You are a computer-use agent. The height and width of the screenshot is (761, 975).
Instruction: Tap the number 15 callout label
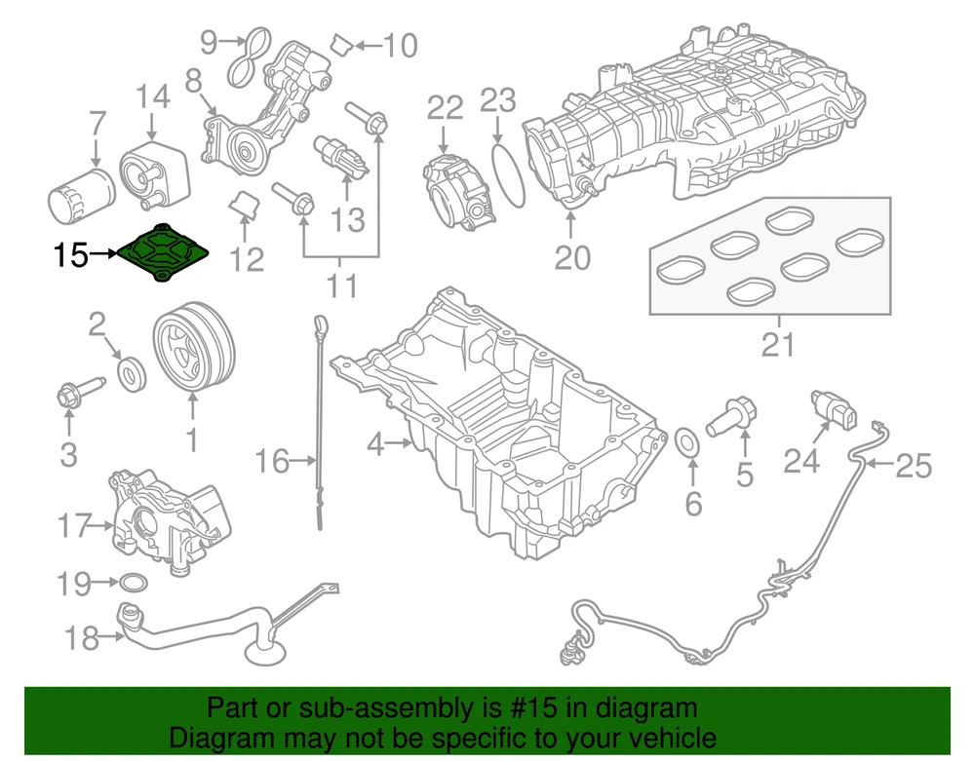(x=71, y=256)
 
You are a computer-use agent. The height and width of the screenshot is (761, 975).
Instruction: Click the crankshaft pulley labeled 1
(x=192, y=348)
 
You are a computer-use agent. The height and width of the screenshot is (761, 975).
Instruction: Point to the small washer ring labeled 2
(x=130, y=372)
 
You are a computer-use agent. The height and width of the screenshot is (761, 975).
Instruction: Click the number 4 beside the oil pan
(x=376, y=446)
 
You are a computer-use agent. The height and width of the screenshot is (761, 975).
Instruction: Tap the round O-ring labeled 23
(x=504, y=175)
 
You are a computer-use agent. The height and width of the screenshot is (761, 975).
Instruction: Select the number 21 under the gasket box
(x=777, y=345)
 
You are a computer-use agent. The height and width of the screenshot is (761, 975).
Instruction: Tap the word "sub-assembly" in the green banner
(x=353, y=708)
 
